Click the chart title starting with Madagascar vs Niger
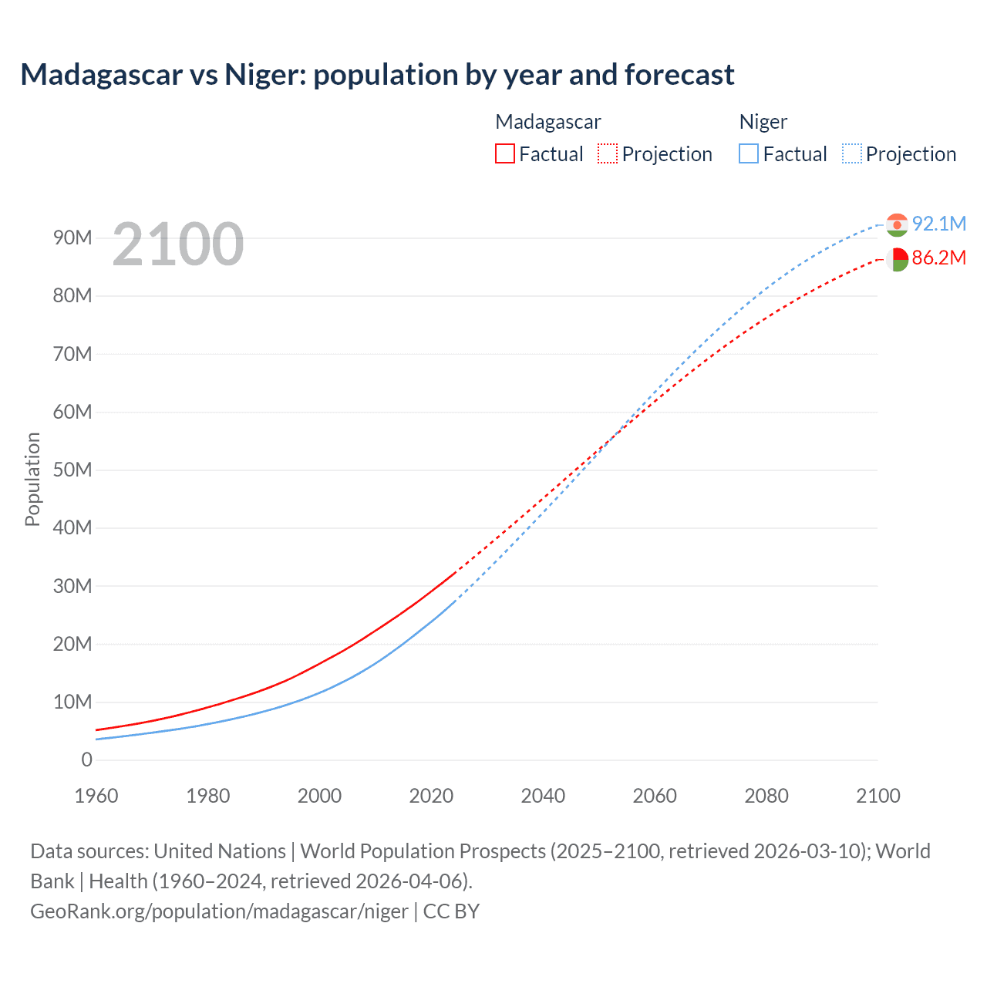[377, 75]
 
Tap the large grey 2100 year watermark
[178, 244]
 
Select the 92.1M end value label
[938, 224]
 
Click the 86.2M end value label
[938, 258]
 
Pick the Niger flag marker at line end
[897, 225]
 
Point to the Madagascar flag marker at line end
[897, 259]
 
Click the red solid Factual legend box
[505, 153]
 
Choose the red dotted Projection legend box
[608, 153]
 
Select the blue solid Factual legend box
[749, 153]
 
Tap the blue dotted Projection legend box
[852, 153]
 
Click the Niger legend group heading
[763, 122]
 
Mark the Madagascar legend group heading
[547, 122]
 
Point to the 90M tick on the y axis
[72, 237]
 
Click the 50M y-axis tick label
[72, 470]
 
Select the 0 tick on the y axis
[86, 760]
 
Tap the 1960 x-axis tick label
[96, 796]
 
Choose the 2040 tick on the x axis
[543, 796]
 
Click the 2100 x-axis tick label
[878, 796]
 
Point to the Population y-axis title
[32, 479]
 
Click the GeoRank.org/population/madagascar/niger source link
[219, 911]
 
